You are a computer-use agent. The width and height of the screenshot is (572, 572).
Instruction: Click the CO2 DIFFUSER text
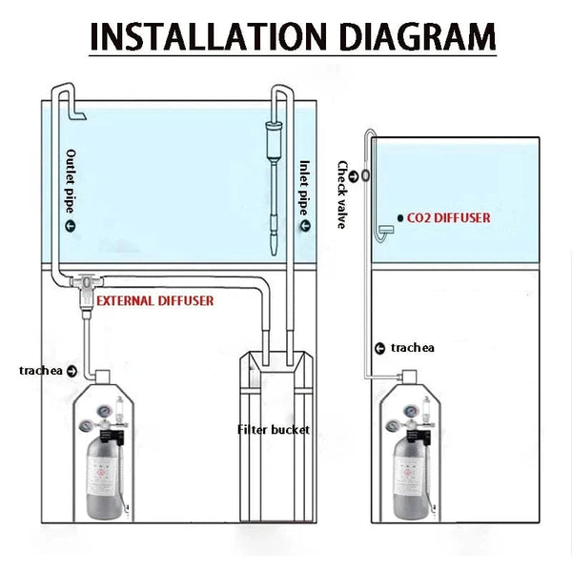(448, 218)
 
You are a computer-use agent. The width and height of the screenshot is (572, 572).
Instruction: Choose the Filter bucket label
(273, 429)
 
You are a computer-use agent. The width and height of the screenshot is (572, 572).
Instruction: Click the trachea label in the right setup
(412, 348)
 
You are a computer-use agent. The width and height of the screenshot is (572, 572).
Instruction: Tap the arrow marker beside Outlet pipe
(70, 226)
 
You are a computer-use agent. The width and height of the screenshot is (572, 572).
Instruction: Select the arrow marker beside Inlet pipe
(305, 225)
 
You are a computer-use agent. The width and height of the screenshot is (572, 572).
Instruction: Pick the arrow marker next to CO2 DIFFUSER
(398, 218)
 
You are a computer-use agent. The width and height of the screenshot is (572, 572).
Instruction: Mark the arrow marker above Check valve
(352, 174)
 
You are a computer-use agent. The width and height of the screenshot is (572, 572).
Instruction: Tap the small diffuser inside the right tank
(384, 229)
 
